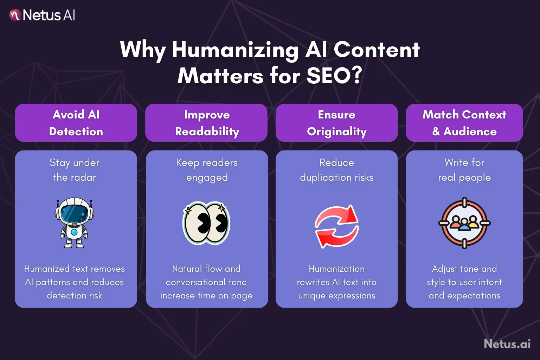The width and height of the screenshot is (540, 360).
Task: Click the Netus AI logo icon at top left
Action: tap(15, 15)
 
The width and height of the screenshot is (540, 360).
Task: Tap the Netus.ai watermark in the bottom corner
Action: tap(507, 343)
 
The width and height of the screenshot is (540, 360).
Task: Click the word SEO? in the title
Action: tap(334, 76)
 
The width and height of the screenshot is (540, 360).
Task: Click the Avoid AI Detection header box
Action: tap(76, 123)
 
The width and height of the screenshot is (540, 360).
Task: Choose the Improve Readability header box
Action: tap(207, 123)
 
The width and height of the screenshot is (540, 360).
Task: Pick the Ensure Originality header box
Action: tap(336, 123)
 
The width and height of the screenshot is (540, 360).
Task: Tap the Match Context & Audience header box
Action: tap(464, 123)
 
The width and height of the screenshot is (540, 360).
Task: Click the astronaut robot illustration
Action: tap(75, 223)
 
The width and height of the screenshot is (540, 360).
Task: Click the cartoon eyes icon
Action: tap(206, 223)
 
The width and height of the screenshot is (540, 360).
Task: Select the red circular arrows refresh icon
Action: tap(336, 226)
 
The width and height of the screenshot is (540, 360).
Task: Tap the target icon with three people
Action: tap(464, 223)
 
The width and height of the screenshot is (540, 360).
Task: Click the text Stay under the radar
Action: tap(75, 170)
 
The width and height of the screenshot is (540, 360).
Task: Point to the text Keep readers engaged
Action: tap(207, 170)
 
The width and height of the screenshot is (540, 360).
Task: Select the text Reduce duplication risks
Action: tap(336, 170)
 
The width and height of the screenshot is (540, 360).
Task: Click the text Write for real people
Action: tap(464, 170)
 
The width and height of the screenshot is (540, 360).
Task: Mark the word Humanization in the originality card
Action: tap(336, 269)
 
